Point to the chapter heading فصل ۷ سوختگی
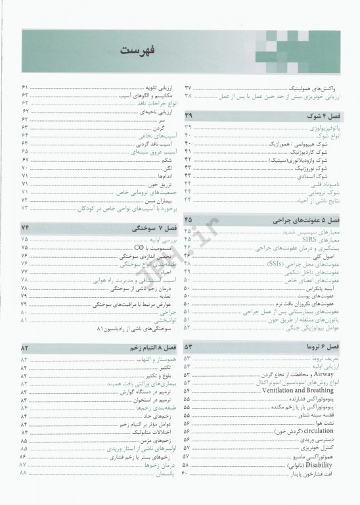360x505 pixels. (141, 228)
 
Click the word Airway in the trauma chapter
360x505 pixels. (326, 373)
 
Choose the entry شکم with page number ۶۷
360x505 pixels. (167, 160)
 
